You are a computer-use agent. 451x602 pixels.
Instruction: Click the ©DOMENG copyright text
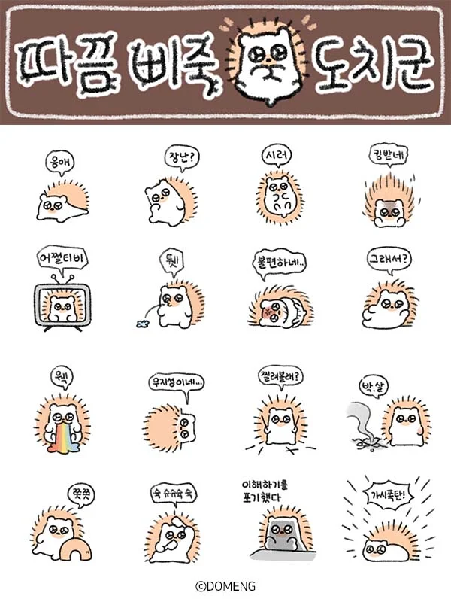point(225,586)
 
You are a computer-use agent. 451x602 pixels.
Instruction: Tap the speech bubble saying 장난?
point(180,157)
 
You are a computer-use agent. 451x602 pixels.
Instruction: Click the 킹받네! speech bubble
point(388,156)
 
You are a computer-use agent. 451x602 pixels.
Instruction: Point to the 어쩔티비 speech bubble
point(63,260)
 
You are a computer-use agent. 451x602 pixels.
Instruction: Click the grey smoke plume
point(359,425)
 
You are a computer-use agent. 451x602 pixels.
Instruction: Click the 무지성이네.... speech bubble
point(177,383)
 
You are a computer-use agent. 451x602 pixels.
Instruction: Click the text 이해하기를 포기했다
point(271,489)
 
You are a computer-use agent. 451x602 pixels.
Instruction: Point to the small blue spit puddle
point(139,322)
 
